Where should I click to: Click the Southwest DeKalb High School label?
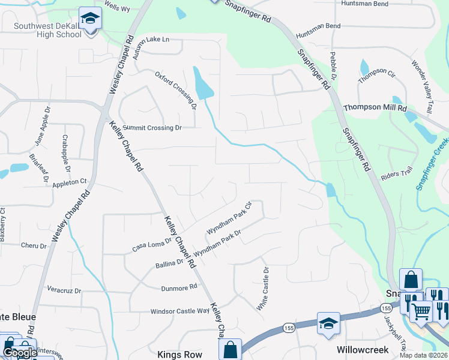click(47, 30)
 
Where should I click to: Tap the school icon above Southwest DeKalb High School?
click(90, 19)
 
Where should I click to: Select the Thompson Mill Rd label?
click(375, 108)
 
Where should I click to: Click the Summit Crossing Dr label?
click(152, 128)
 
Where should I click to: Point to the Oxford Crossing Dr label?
click(176, 91)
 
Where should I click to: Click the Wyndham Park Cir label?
click(228, 218)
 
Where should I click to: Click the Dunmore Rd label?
click(179, 288)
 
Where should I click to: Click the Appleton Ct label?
click(70, 182)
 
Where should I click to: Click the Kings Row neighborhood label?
click(177, 355)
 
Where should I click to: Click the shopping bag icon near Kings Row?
click(230, 349)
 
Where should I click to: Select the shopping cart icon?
click(421, 311)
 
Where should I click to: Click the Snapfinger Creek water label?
click(431, 163)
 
